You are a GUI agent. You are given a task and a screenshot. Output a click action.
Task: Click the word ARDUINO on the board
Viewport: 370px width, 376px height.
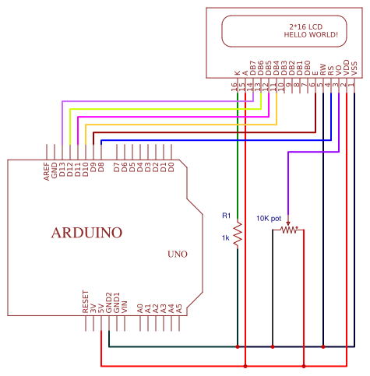86,233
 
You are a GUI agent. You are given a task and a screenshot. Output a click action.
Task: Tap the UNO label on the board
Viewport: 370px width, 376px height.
177,255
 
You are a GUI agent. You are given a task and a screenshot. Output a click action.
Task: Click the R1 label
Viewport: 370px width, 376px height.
226,216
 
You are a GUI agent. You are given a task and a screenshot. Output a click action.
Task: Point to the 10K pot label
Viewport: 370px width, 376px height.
269,219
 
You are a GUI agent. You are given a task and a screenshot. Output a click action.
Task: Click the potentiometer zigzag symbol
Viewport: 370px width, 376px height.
289,230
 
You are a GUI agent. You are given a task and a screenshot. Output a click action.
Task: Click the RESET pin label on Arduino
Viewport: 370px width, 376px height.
85,302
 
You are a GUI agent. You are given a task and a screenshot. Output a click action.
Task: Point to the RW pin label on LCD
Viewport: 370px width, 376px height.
322,71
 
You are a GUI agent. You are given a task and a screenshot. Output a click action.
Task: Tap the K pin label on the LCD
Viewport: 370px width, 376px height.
236,74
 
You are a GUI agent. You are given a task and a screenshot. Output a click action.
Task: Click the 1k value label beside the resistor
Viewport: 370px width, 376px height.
225,237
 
